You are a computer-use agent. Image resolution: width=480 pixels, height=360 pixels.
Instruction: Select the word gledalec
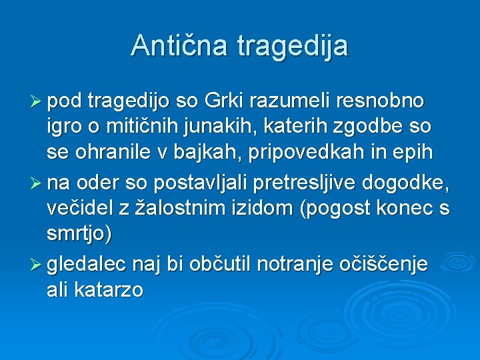click(97, 265)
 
